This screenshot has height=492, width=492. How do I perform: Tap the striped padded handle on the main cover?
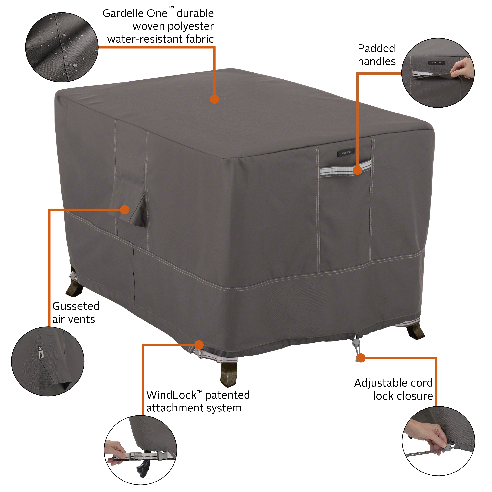tap(345, 169)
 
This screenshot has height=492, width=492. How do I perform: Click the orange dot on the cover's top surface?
tap(215, 99)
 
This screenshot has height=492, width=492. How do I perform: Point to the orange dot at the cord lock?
tap(361, 358)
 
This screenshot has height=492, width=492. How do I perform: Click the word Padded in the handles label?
tap(376, 48)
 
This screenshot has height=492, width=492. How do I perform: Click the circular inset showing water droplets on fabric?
tap(62, 48)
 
